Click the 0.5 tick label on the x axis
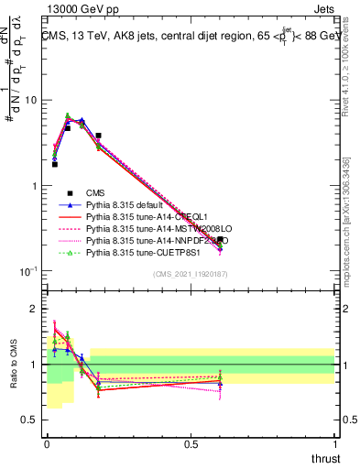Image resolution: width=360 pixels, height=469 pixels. (191, 443)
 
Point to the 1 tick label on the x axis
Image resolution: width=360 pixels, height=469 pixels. (335, 443)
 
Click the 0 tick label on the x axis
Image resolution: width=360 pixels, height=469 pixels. (47, 443)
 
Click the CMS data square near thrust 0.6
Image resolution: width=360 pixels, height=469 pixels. (220, 240)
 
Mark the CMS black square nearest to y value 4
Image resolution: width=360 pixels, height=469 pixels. (98, 136)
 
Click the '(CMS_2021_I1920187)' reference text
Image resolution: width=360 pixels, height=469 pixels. (191, 274)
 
